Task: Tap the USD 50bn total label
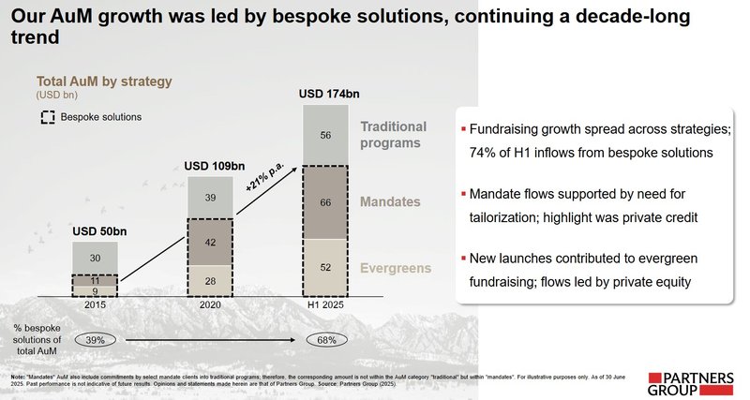96,231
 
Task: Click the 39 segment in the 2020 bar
211,198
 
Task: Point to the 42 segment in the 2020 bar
211,242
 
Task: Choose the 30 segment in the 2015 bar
96,258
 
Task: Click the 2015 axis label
96,305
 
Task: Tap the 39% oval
96,339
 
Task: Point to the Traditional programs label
393,134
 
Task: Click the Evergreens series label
393,268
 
